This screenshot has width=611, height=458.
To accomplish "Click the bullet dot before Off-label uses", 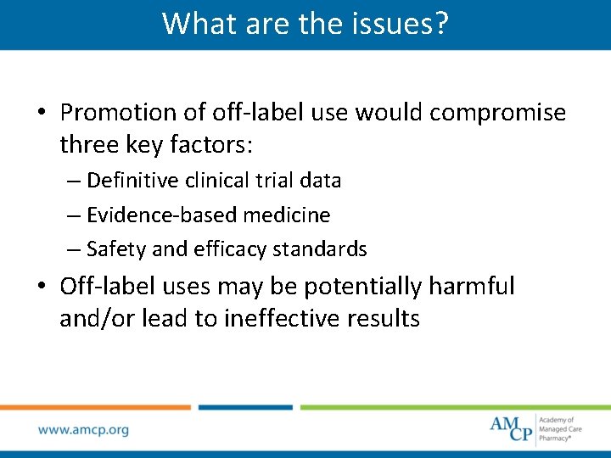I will pos(42,288).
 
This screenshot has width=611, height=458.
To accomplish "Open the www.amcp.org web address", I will pos(83,430).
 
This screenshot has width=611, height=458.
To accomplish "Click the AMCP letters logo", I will pos(512,428).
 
